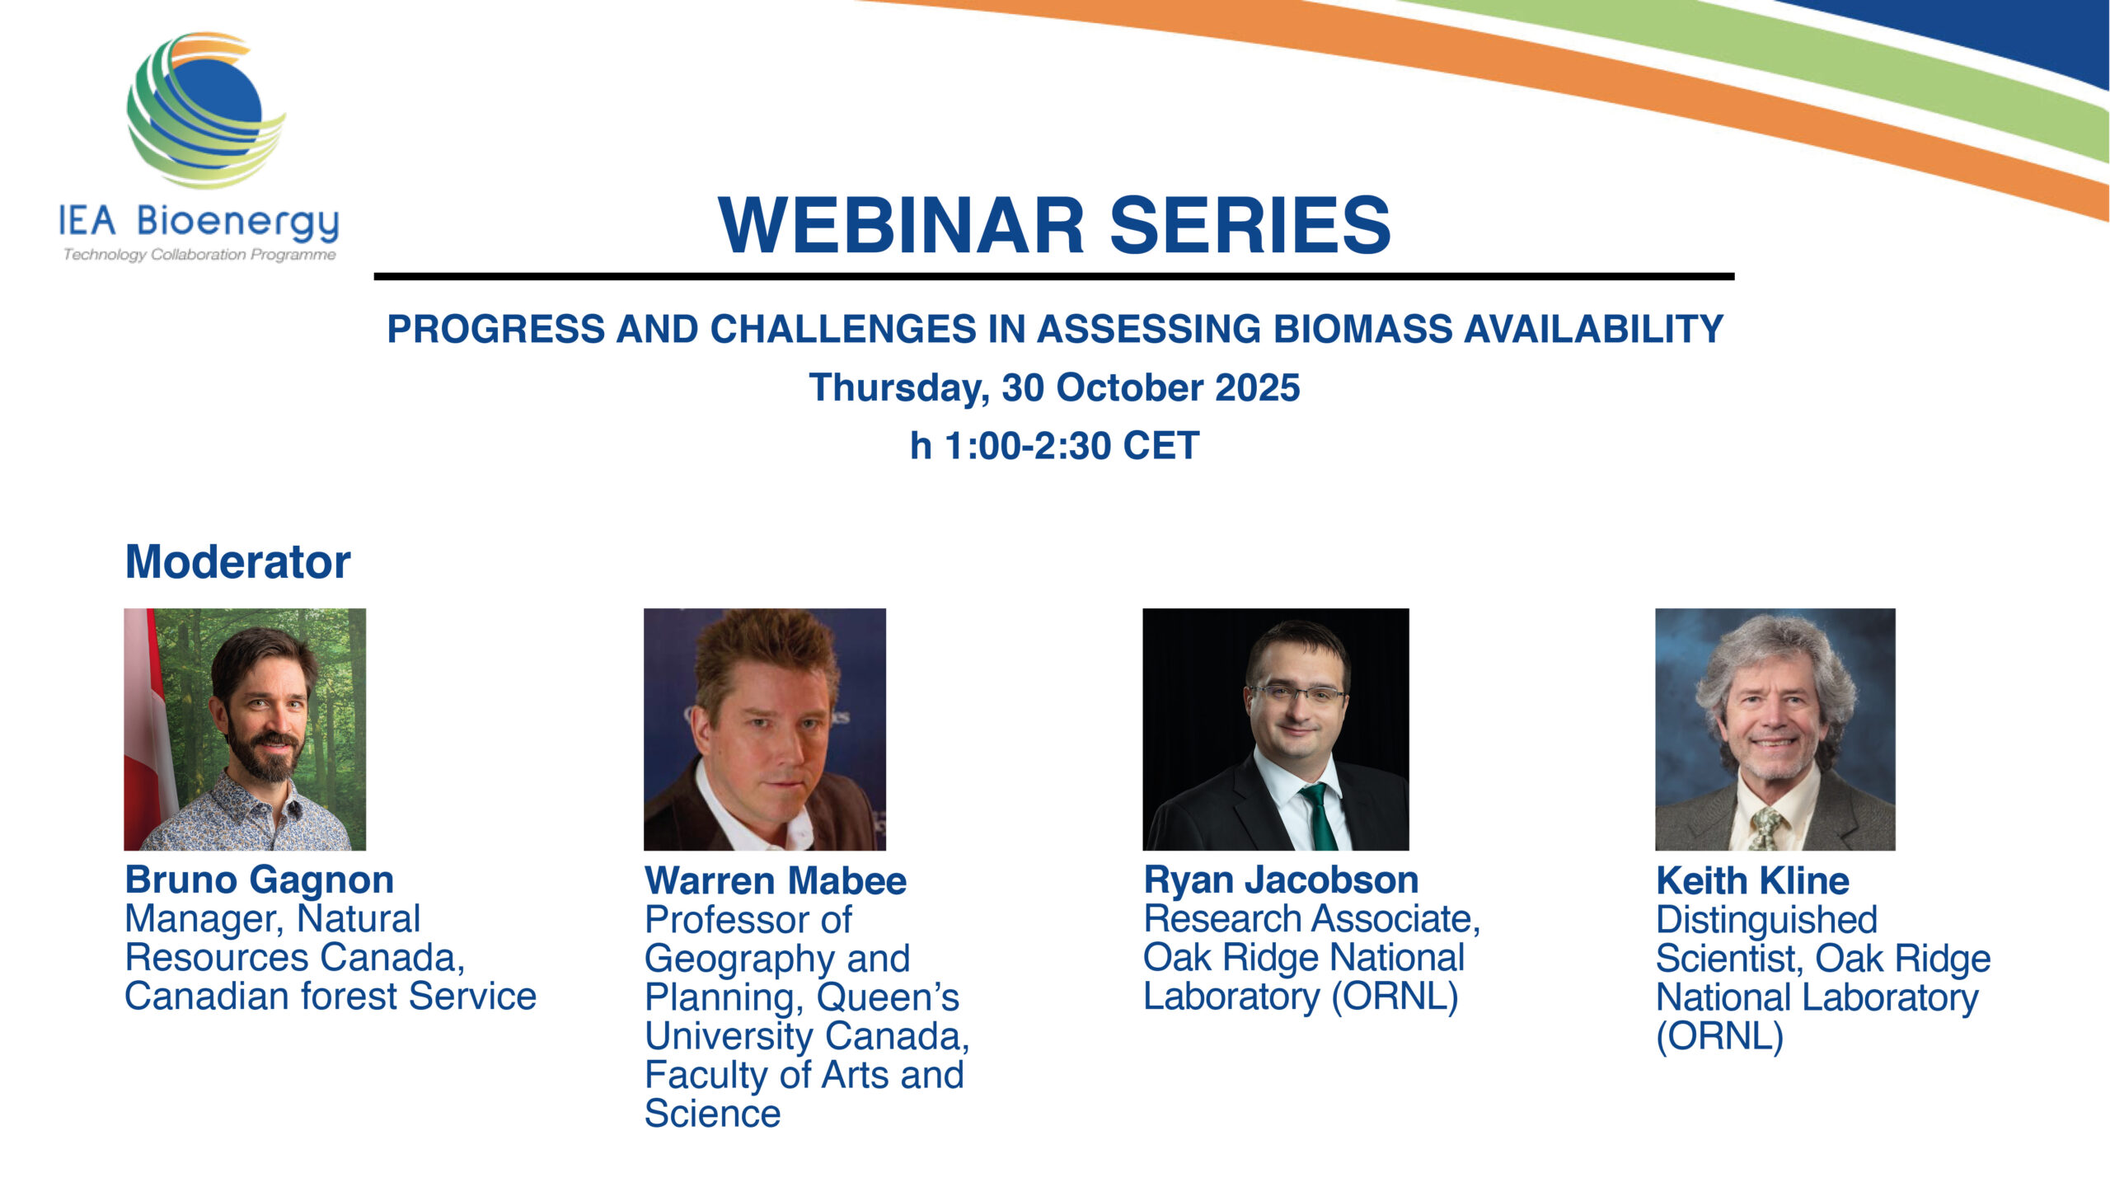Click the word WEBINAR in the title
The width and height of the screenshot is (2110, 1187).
901,225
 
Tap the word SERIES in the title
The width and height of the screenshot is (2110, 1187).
1250,225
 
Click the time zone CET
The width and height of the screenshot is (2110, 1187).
1160,446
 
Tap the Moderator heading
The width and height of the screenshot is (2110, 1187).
237,562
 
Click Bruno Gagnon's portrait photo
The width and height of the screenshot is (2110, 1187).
245,730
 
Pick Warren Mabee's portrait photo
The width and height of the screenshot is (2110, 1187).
765,730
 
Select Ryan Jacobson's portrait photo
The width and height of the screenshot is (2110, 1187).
1276,730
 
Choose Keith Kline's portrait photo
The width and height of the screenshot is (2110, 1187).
1775,730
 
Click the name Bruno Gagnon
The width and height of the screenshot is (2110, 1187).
260,880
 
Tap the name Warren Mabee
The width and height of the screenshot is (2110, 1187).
776,881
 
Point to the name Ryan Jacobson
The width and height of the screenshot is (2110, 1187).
1281,880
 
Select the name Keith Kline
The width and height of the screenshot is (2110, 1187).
1753,881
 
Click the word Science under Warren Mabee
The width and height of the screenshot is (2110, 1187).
713,1114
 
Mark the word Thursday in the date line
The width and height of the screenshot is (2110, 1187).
899,388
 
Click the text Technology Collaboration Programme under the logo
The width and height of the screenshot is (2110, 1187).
199,255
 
